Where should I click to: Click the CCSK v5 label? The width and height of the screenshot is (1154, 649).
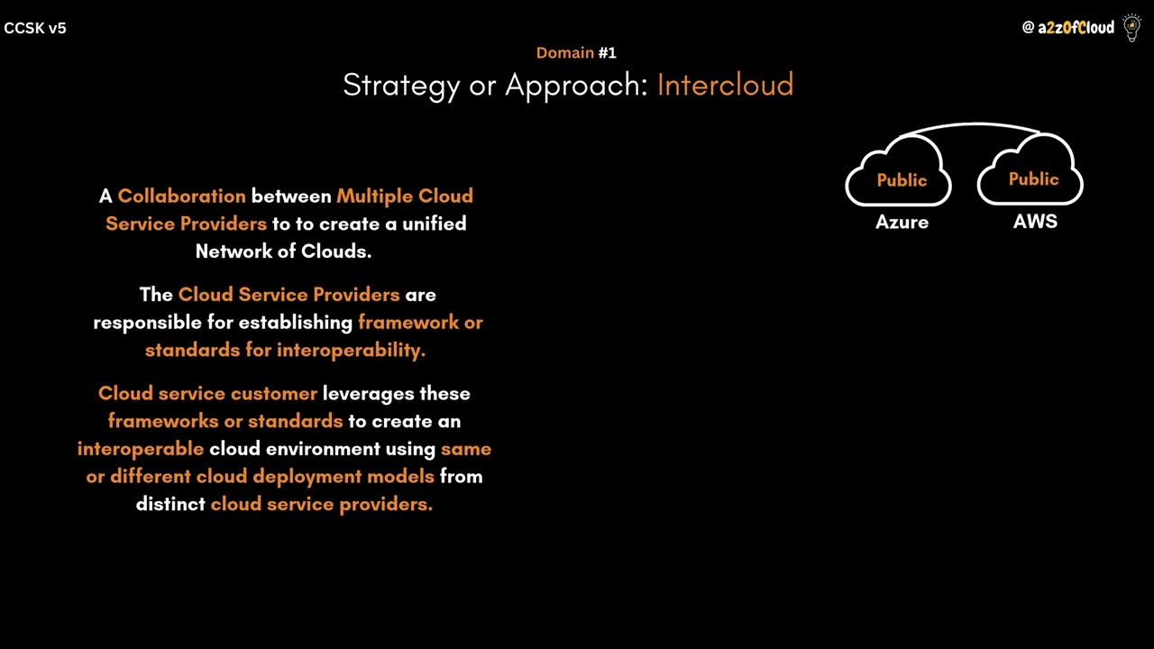(35, 28)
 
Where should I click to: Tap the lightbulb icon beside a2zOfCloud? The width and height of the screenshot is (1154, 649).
(1131, 28)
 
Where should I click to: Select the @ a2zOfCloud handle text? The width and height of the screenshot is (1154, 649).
(1068, 28)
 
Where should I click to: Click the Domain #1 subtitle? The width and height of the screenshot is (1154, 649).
(576, 52)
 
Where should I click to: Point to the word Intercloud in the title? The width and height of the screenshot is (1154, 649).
(725, 85)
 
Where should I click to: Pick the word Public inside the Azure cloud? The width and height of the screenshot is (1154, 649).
(902, 180)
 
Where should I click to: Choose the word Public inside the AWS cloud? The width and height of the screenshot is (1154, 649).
(1033, 178)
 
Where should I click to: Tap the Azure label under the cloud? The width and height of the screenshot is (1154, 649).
(902, 222)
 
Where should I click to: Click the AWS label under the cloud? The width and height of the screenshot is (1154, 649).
(1035, 222)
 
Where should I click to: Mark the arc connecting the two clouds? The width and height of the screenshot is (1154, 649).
(972, 124)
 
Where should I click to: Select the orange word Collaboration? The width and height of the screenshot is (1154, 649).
(181, 196)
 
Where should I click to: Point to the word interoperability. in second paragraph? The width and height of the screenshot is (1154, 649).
(351, 350)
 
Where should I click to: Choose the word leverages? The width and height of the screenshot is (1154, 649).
(369, 393)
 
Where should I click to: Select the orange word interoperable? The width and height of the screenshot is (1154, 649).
(141, 448)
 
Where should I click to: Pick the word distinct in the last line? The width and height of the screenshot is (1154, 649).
(170, 504)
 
